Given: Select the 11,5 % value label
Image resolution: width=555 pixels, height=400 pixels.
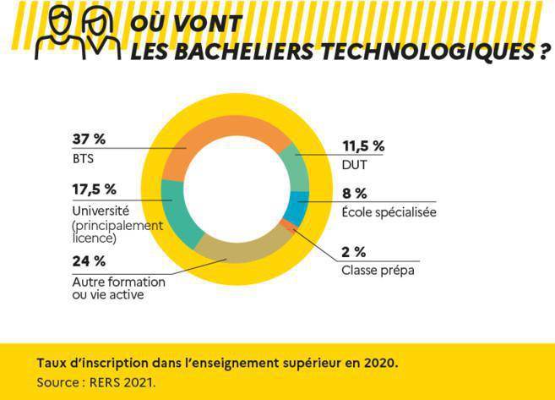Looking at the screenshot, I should (362, 146).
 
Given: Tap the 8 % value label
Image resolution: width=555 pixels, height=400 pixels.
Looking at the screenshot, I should (355, 194).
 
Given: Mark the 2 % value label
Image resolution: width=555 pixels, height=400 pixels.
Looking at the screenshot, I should (354, 251).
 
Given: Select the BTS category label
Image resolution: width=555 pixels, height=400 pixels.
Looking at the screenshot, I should (82, 157).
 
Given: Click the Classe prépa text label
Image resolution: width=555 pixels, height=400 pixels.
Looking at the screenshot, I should (378, 271).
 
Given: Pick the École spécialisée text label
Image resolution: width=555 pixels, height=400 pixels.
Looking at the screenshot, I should (389, 212).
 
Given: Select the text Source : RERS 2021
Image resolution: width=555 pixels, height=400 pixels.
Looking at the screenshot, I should (96, 382).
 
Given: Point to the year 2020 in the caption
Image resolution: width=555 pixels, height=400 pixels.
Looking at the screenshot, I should (378, 362).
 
